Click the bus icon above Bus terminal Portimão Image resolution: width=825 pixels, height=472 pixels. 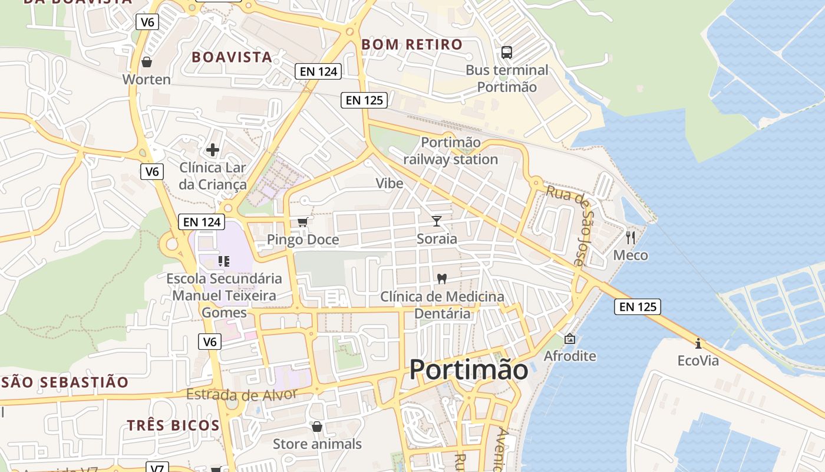[507, 52]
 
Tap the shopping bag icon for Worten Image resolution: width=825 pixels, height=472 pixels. [147, 61]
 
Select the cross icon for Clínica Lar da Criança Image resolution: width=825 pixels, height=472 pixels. [213, 150]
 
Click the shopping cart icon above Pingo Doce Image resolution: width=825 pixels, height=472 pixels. [302, 222]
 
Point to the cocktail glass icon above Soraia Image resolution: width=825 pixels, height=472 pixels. [437, 221]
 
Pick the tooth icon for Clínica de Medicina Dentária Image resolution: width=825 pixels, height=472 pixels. [441, 278]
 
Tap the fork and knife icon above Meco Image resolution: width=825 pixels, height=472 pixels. [631, 238]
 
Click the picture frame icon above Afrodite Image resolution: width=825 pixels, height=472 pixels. [570, 339]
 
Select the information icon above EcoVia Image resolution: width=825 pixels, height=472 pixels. [698, 343]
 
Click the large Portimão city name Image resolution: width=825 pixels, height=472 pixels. [468, 370]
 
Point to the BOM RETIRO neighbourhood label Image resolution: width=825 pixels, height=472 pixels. [412, 44]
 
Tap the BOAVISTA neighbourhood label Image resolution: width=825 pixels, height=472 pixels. [232, 57]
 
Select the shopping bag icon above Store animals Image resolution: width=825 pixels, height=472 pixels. [317, 426]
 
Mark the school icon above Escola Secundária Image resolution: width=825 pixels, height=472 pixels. [224, 261]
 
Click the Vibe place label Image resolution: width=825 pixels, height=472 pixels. [390, 183]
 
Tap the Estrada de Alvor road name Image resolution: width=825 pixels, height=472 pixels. [242, 394]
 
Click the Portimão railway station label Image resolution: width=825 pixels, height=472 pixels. [451, 151]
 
